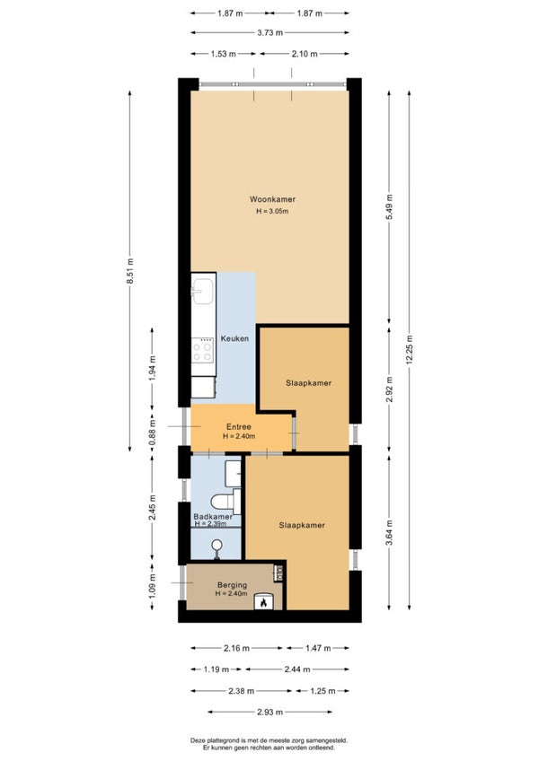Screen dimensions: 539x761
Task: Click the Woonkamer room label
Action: coord(272,199)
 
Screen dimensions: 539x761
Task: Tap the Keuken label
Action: coord(234,338)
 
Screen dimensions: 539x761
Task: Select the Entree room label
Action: coord(239,427)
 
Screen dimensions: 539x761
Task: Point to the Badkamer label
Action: coord(213,517)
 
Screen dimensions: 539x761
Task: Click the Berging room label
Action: coord(232,585)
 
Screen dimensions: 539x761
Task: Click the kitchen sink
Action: coord(203,291)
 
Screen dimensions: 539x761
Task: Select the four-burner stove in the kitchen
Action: coord(203,350)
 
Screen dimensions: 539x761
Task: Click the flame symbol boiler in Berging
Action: coord(263,602)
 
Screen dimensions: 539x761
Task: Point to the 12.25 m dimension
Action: coord(410,349)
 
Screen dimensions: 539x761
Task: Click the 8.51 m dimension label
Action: coord(129,271)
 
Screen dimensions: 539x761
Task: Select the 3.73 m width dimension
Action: coord(269,33)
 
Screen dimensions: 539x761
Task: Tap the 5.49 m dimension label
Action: coord(389,206)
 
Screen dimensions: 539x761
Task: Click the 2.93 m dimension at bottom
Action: coord(269,712)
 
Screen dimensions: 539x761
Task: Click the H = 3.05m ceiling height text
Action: coord(272,211)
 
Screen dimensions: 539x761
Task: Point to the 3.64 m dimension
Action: coord(389,532)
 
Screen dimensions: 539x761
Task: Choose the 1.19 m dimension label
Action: coord(216,669)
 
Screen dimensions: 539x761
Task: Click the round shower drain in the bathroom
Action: coord(216,545)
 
